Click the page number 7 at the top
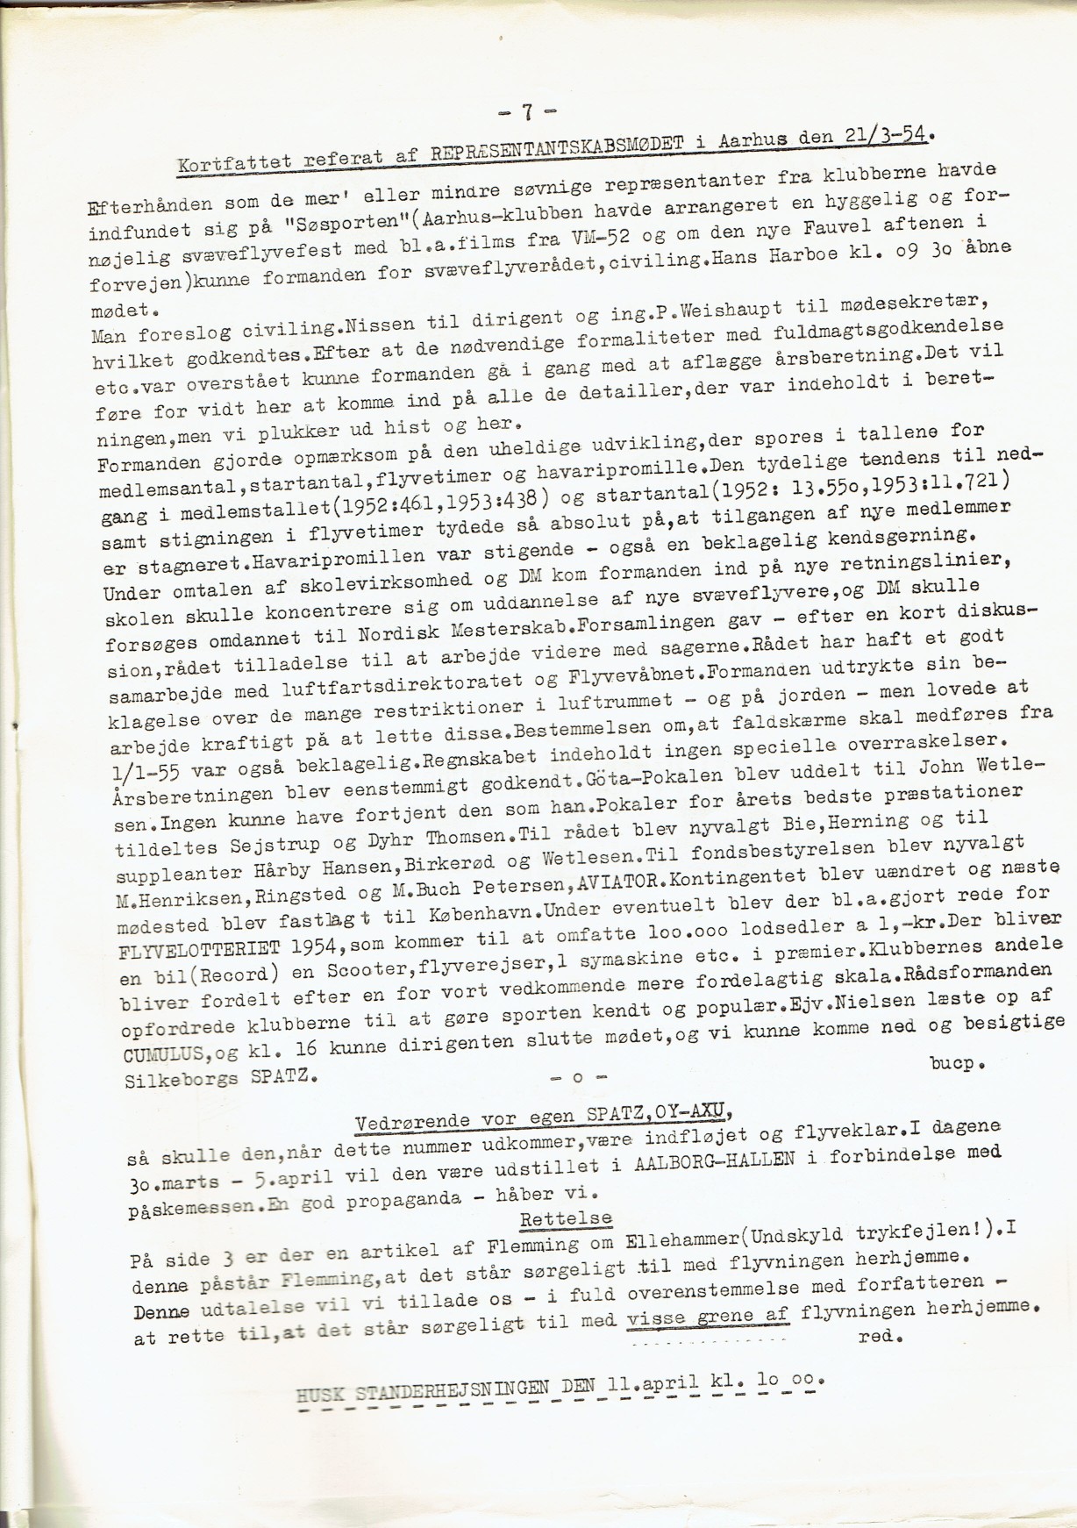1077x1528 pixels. [x=527, y=112]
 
